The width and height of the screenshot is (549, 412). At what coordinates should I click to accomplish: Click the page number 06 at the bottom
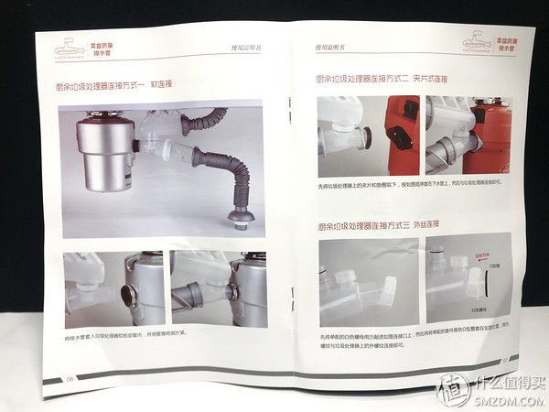(x=70, y=378)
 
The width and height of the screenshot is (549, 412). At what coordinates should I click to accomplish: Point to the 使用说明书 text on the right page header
(x=327, y=43)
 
